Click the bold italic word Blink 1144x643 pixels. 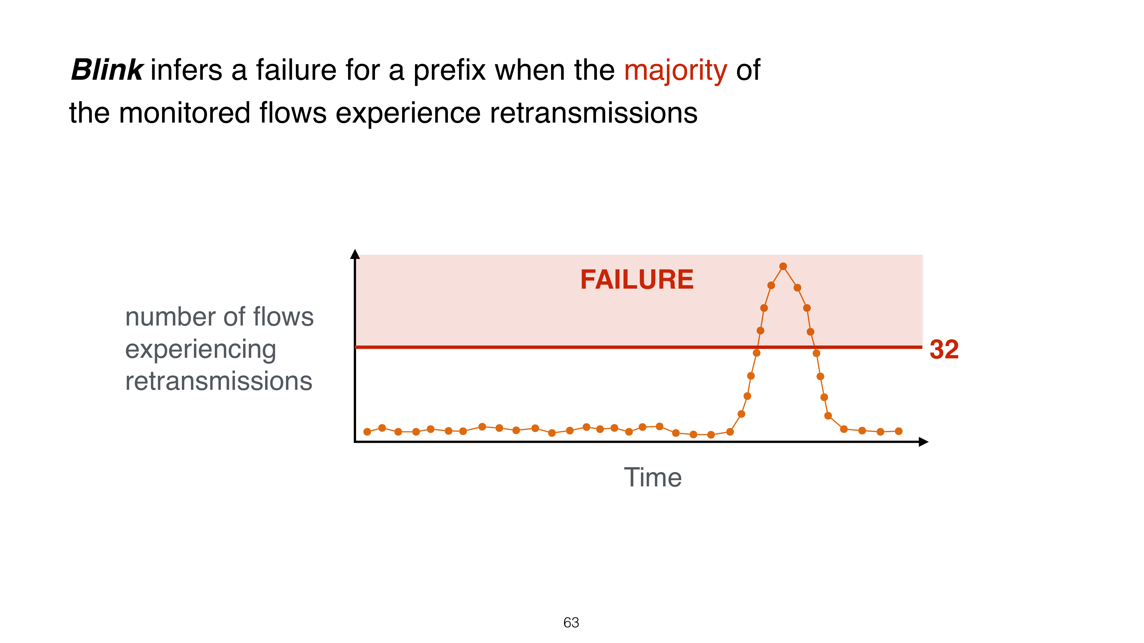tap(107, 70)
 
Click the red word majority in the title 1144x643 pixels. tap(676, 71)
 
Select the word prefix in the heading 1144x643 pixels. tap(449, 71)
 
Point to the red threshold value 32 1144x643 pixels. tap(944, 350)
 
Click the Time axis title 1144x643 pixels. tap(652, 478)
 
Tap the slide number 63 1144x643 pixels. tap(571, 623)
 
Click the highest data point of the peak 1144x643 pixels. tap(783, 266)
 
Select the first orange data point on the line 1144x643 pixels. tap(367, 432)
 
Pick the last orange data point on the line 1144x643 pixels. tap(898, 431)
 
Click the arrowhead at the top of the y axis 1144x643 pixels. tap(355, 253)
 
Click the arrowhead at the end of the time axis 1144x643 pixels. tap(924, 442)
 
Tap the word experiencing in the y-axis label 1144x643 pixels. tap(201, 350)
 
